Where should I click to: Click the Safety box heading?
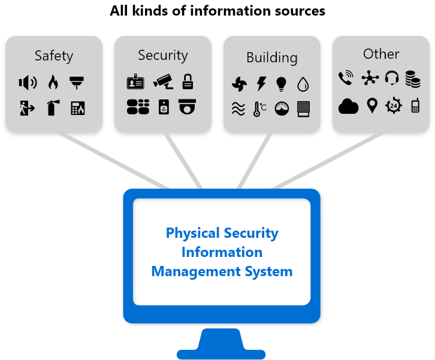pos(54,56)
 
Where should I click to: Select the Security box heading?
pos(162,55)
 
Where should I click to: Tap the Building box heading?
pos(271,58)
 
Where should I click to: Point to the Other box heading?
pos(380,54)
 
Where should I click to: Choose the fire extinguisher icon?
pos(52,108)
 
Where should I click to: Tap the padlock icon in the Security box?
pos(188,81)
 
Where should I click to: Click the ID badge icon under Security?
pos(135,82)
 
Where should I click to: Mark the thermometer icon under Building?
pos(259,109)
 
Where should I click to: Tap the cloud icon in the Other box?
pos(348,106)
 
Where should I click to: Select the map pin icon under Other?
pos(371,106)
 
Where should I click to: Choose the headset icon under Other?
pos(392,78)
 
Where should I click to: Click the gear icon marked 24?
pos(393,106)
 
